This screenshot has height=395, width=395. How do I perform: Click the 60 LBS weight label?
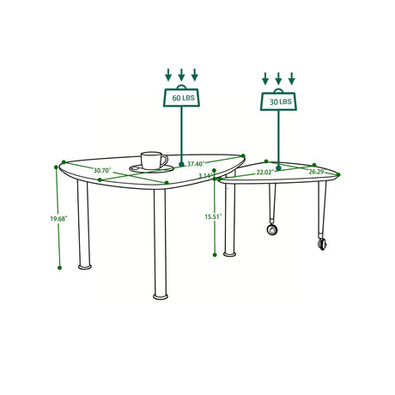[x=183, y=98]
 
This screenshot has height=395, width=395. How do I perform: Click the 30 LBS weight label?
[x=281, y=101]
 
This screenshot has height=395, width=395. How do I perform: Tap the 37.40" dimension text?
[x=196, y=164]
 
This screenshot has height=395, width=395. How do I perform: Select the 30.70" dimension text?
[x=102, y=170]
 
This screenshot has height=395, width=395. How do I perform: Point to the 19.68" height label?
[x=58, y=219]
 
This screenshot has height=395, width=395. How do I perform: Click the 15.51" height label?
[x=214, y=216]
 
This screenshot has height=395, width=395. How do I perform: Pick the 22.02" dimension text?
[x=265, y=173]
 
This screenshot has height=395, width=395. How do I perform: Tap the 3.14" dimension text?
[x=206, y=175]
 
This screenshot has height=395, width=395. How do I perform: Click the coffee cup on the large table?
[x=154, y=161]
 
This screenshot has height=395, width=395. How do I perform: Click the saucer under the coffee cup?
[x=151, y=168]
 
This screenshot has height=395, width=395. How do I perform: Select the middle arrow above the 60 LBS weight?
[x=181, y=75]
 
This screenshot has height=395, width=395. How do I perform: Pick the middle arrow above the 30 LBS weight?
[x=278, y=78]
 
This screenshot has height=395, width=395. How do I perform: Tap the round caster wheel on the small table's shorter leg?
[x=272, y=229]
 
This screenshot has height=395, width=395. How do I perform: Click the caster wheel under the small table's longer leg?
[x=323, y=244]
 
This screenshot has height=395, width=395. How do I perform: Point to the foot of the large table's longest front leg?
[x=161, y=296]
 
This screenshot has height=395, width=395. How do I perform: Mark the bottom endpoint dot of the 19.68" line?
[x=59, y=268]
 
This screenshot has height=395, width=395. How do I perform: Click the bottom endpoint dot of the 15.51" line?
[x=215, y=255]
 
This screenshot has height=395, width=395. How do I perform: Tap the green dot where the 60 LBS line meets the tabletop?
[x=181, y=164]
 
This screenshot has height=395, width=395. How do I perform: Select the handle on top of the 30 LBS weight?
[x=278, y=90]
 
